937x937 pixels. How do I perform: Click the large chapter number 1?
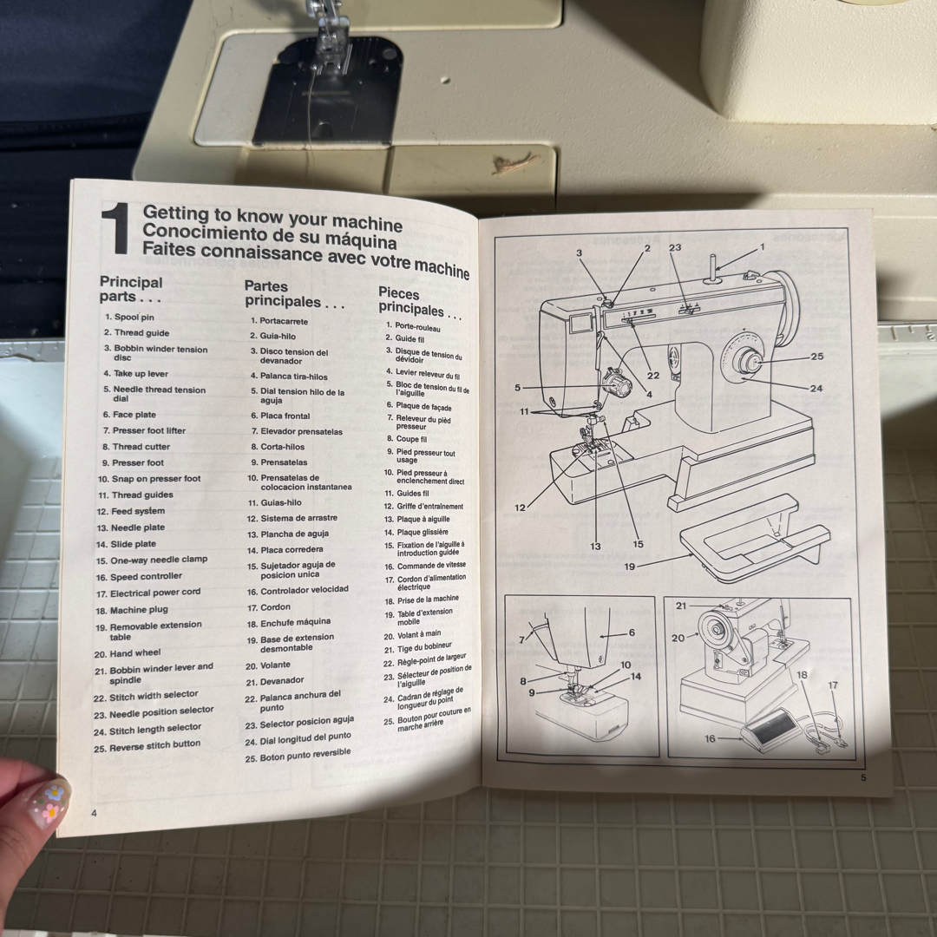click(x=115, y=228)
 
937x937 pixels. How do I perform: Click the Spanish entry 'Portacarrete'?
click(x=284, y=321)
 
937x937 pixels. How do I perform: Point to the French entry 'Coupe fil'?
click(x=412, y=439)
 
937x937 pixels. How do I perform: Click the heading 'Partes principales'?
click(x=294, y=294)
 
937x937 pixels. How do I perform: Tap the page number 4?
click(x=94, y=813)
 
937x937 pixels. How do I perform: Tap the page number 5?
click(x=863, y=777)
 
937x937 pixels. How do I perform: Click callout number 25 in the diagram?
click(x=816, y=357)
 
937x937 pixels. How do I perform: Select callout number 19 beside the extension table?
click(x=630, y=566)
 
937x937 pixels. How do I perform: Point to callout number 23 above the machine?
click(x=675, y=246)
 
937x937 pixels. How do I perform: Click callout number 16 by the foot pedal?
click(x=710, y=738)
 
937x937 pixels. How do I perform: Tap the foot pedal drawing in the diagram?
click(x=769, y=731)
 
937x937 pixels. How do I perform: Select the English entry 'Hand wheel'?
click(x=135, y=653)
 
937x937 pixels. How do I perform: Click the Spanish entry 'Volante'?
click(x=276, y=665)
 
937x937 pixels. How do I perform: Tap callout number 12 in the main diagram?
click(x=520, y=508)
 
